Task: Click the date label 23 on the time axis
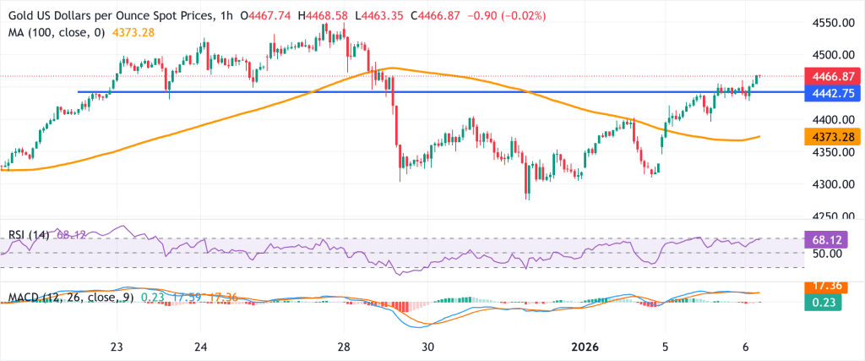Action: (x=117, y=347)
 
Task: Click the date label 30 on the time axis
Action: (x=428, y=347)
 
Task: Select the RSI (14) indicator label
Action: (x=28, y=234)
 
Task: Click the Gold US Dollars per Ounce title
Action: (x=110, y=14)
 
